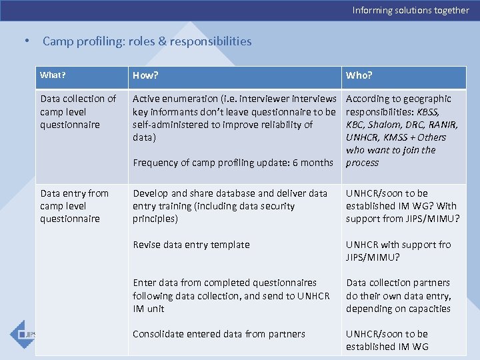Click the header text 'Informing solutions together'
tap(410, 10)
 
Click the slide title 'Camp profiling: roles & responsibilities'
tap(147, 41)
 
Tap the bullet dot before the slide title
tap(27, 41)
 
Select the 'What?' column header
tap(53, 75)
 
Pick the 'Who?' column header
tap(359, 75)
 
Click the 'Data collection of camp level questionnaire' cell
tap(78, 111)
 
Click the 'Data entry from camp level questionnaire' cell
tap(74, 206)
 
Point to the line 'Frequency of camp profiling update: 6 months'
tap(233, 163)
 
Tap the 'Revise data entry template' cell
tap(191, 245)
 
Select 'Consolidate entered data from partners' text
tap(219, 334)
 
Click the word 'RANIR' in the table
tap(443, 125)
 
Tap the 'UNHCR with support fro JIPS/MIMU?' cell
tap(398, 251)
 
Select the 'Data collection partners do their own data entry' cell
tap(398, 295)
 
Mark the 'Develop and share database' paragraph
tap(230, 206)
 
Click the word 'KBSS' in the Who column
tap(427, 112)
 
